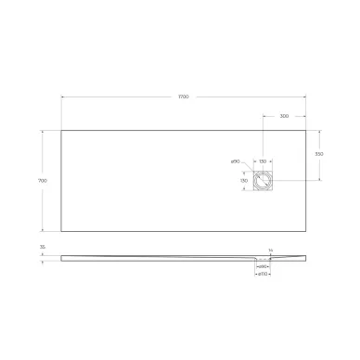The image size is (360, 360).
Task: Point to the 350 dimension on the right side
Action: pyautogui.click(x=318, y=154)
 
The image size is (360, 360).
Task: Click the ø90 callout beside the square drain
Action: pyautogui.click(x=236, y=161)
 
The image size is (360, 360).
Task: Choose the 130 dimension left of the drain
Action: pyautogui.click(x=244, y=180)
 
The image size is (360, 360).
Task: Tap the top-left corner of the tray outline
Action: pyautogui.click(x=62, y=129)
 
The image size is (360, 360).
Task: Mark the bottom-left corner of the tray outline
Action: pyautogui.click(x=62, y=233)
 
